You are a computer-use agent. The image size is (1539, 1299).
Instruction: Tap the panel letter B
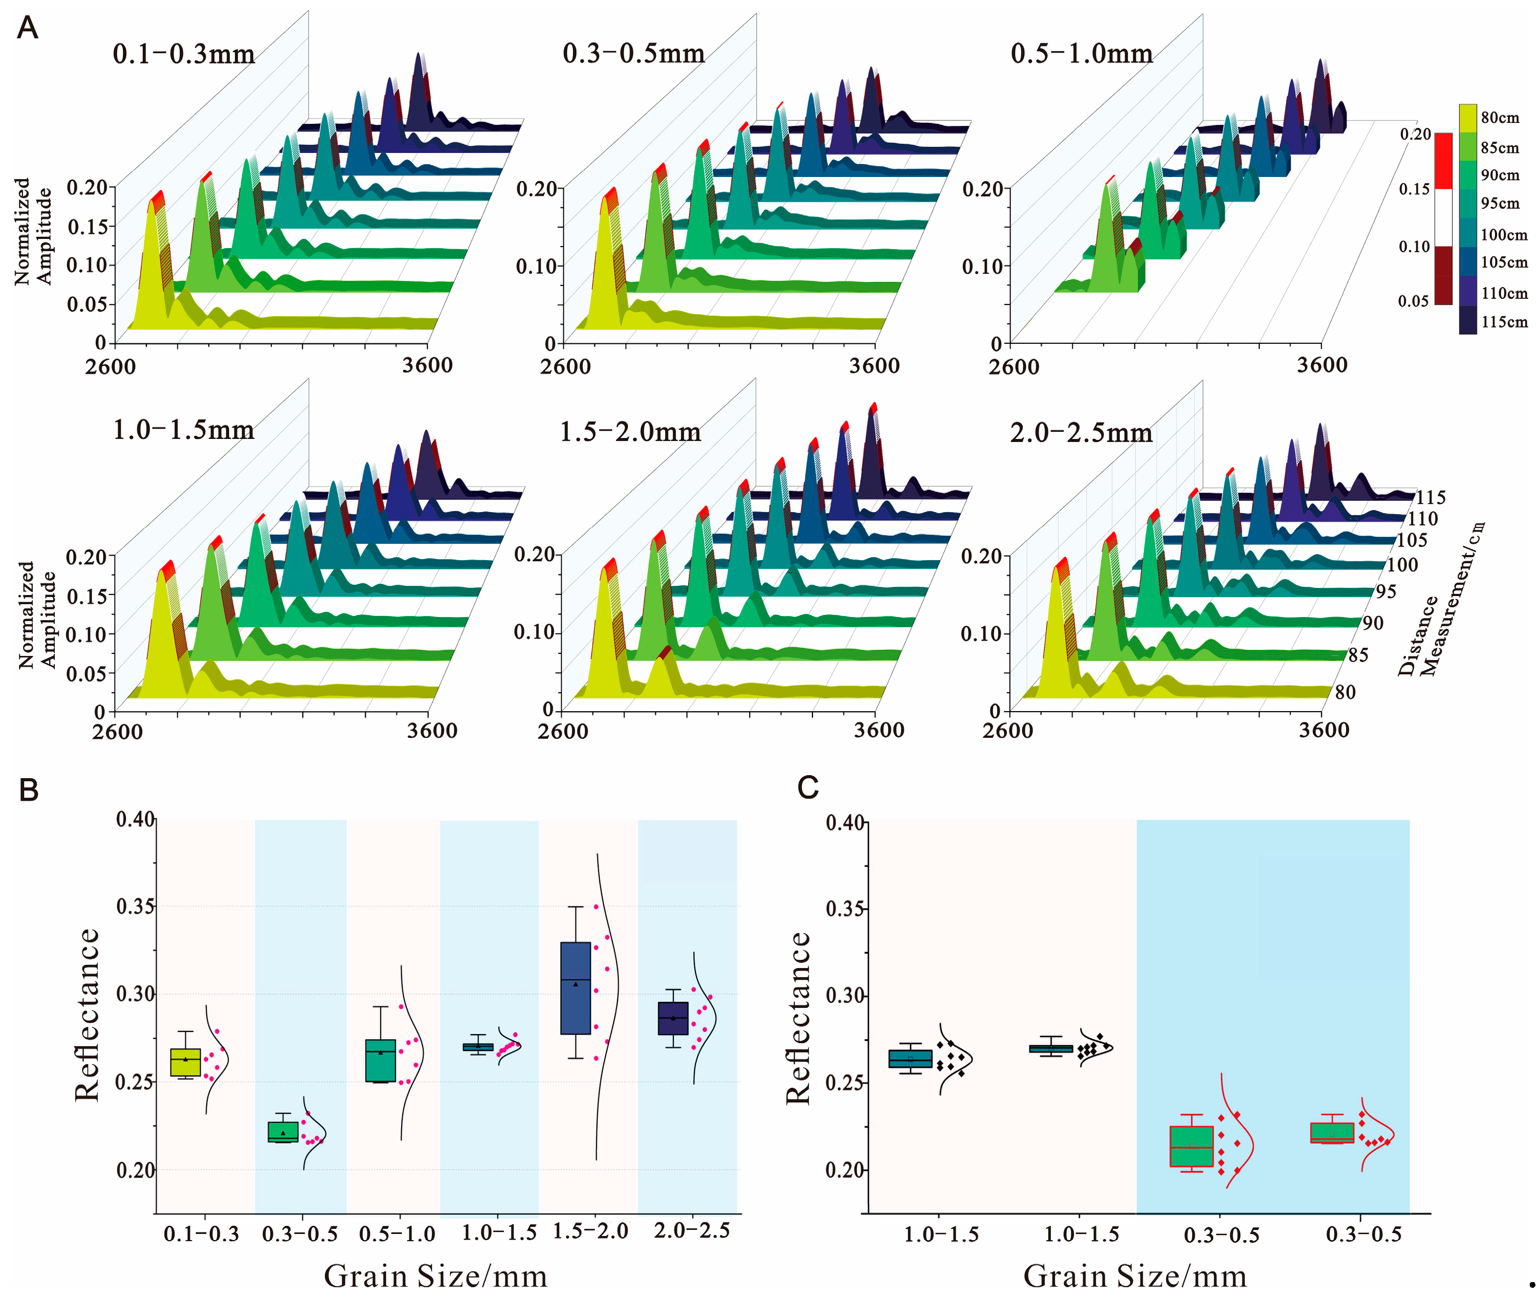[x=29, y=789]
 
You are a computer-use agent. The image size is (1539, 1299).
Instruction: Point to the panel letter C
[x=808, y=788]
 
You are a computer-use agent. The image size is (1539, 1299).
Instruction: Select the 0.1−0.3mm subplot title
[x=184, y=54]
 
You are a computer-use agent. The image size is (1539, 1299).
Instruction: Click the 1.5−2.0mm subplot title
[x=630, y=431]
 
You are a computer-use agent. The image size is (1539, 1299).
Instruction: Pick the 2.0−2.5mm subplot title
[x=1081, y=432]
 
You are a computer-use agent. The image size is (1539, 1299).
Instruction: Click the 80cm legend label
[x=1500, y=118]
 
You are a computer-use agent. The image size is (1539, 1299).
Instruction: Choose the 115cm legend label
[x=1504, y=322]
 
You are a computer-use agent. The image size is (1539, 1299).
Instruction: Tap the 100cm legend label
[x=1504, y=235]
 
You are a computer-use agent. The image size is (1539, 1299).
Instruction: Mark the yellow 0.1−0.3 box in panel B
[x=186, y=1062]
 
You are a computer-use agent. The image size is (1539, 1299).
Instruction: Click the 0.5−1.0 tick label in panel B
[x=398, y=1234]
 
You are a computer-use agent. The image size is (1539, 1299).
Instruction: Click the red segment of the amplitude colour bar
[x=1443, y=161]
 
